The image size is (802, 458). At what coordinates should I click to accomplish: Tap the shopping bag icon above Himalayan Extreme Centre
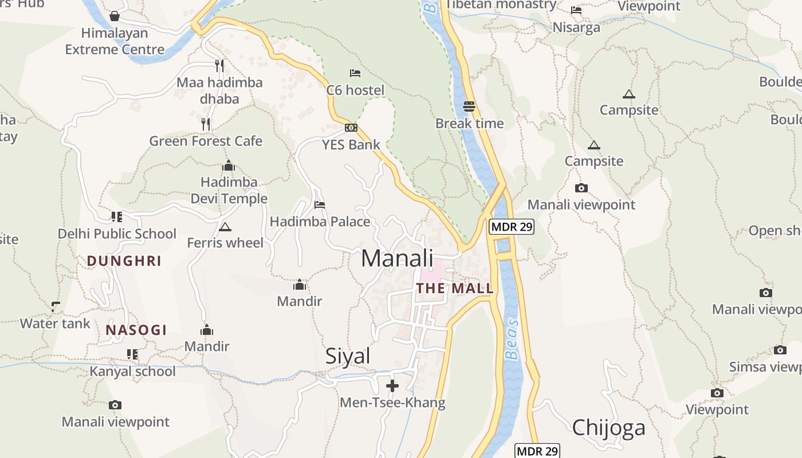coord(115,15)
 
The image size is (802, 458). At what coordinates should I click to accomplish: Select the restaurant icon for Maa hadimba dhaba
coord(219,65)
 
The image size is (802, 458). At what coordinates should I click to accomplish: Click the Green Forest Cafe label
coord(206,141)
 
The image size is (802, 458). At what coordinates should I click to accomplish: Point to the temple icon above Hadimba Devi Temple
coord(229,166)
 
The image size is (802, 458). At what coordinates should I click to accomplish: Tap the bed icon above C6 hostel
coord(355,73)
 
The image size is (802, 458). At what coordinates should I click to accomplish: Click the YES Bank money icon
coord(351,128)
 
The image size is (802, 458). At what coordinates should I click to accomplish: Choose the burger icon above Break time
coord(469,106)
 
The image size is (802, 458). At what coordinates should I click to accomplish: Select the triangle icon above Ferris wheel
coord(225,227)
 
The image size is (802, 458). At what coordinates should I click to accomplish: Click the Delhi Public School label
coord(117,234)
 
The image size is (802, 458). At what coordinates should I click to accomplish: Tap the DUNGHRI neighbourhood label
coord(124,261)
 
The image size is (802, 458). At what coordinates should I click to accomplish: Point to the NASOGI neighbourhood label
coord(136,330)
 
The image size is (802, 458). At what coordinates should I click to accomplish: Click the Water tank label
coord(55,323)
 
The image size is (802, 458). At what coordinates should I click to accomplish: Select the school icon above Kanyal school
coord(132,354)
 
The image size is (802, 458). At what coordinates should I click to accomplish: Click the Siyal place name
coord(348,356)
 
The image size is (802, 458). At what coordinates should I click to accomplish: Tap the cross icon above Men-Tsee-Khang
coord(392,386)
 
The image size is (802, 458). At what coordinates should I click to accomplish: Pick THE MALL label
coord(455,288)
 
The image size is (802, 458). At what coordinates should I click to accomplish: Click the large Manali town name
coord(397,258)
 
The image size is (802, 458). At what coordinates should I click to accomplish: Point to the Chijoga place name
coord(608,427)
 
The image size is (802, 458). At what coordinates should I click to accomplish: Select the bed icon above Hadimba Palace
coord(320,204)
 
